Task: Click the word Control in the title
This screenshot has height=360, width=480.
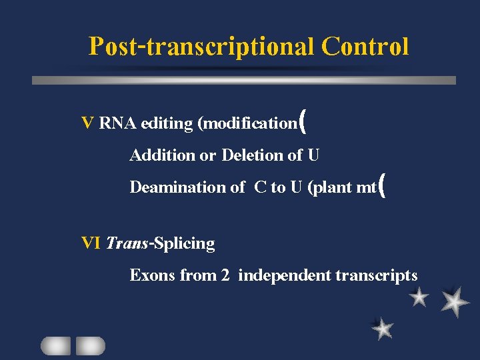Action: click(x=365, y=47)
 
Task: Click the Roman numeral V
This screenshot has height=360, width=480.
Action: click(x=87, y=123)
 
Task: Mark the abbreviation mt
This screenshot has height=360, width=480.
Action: click(x=366, y=187)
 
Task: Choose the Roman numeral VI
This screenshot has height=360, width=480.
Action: click(x=91, y=243)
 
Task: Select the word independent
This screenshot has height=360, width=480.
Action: click(x=283, y=275)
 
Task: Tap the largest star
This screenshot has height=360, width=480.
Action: click(x=455, y=301)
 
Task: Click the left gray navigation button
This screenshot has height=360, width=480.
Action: click(x=55, y=345)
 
